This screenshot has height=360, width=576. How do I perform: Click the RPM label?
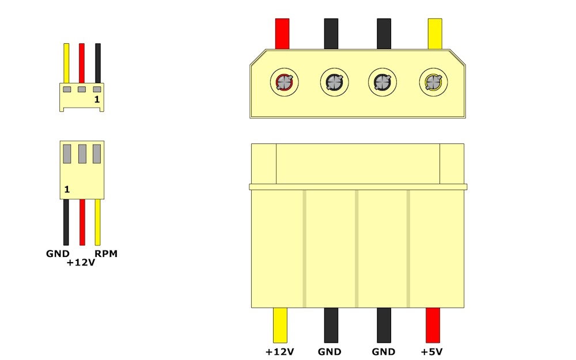pyautogui.click(x=106, y=253)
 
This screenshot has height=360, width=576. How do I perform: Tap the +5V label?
pyautogui.click(x=431, y=351)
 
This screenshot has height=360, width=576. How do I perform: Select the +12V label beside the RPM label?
pyautogui.click(x=81, y=263)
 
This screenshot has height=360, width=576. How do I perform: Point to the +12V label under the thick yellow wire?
pyautogui.click(x=279, y=351)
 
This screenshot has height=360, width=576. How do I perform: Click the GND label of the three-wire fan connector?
pyautogui.click(x=58, y=253)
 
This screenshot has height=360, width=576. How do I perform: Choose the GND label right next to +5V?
pyautogui.click(x=384, y=351)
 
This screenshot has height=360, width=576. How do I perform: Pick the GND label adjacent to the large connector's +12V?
pyautogui.click(x=329, y=351)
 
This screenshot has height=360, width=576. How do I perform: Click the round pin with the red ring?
pyautogui.click(x=285, y=82)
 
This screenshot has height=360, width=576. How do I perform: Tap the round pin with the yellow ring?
pyautogui.click(x=434, y=82)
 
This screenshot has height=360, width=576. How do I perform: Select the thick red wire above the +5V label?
pyautogui.click(x=433, y=325)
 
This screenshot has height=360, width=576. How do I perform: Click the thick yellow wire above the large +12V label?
pyautogui.click(x=280, y=325)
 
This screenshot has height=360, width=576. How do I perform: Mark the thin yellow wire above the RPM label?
pyautogui.click(x=98, y=222)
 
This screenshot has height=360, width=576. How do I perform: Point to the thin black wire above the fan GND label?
pyautogui.click(x=66, y=222)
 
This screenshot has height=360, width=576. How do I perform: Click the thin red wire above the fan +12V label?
pyautogui.click(x=82, y=222)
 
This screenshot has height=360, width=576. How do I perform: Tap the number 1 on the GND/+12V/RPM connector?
pyautogui.click(x=67, y=189)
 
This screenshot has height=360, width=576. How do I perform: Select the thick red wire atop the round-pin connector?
pyautogui.click(x=282, y=34)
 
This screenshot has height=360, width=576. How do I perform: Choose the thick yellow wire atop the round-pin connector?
pyautogui.click(x=435, y=34)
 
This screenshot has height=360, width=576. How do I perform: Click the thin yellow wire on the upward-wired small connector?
pyautogui.click(x=66, y=63)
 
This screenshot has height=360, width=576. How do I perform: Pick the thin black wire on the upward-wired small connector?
pyautogui.click(x=98, y=63)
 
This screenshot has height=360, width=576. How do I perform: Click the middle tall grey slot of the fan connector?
pyautogui.click(x=82, y=154)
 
